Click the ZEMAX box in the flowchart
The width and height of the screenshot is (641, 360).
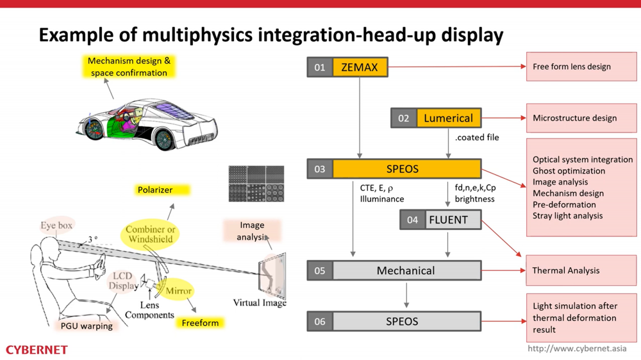360,67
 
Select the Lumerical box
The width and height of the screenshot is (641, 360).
449,118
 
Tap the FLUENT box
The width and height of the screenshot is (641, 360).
448,220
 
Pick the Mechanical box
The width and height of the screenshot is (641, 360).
406,270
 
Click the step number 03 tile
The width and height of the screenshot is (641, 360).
320,169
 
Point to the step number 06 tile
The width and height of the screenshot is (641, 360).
320,321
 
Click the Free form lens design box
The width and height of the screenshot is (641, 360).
581,67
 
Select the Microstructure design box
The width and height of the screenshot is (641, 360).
581,118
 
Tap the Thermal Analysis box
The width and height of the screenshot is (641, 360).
581,270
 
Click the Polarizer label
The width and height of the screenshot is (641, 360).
155,190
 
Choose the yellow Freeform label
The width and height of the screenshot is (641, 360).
200,323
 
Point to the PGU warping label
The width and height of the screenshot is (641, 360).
87,326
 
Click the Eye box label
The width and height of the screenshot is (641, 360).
57,225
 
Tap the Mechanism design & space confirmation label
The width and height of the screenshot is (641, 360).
129,67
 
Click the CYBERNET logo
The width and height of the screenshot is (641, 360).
37,350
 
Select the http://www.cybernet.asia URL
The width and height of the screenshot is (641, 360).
577,349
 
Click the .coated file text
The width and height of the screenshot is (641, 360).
477,137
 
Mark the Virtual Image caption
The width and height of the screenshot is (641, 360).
260,302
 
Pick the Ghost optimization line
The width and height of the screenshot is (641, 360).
569,171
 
